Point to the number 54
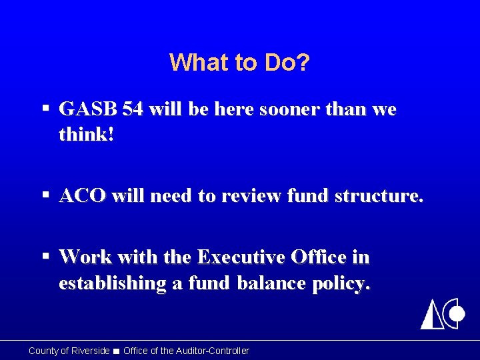point(133,109)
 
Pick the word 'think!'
point(86,135)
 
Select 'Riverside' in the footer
point(90,351)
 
